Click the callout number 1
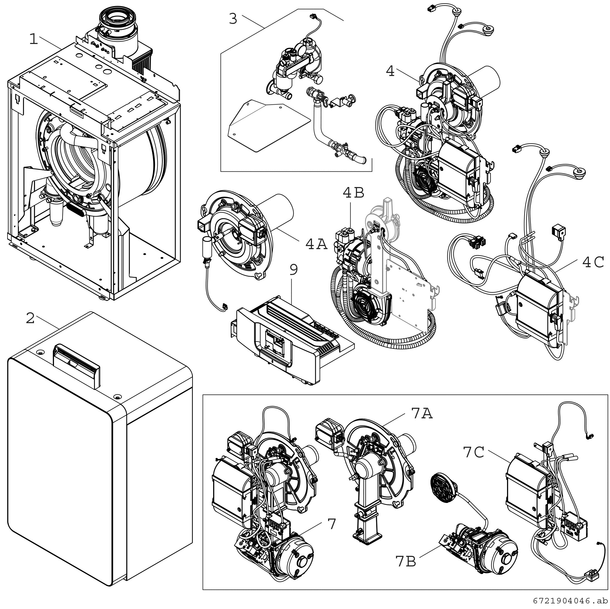point(33,40)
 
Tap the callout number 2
point(30,318)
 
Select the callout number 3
point(233,19)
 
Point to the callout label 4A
point(316,244)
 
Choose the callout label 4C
point(593,262)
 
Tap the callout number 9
point(294,270)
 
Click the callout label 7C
point(474,452)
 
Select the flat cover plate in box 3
point(268,126)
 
